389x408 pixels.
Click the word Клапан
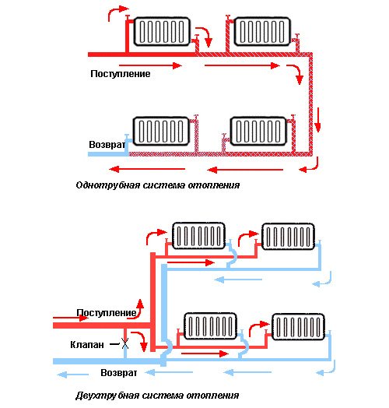pos(87,345)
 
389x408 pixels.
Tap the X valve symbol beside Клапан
pos(125,344)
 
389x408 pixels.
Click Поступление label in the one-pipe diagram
pos(121,74)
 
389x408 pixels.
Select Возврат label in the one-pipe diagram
pos(107,144)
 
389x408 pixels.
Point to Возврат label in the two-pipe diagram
pos(118,373)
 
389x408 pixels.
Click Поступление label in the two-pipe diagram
pos(107,312)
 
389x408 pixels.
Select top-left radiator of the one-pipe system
pos(162,31)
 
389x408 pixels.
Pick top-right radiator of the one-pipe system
pos(262,31)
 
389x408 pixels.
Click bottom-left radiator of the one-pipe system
pos(161,131)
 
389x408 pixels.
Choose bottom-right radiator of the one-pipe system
pos(258,131)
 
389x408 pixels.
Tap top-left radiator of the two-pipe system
pos(198,236)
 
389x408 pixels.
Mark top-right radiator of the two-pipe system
pos(288,237)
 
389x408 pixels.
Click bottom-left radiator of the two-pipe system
pos(210,326)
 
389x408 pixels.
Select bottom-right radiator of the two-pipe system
pos(298,327)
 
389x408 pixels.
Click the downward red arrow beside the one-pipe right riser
pos(317,120)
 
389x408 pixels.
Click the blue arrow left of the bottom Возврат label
pos(72,375)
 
